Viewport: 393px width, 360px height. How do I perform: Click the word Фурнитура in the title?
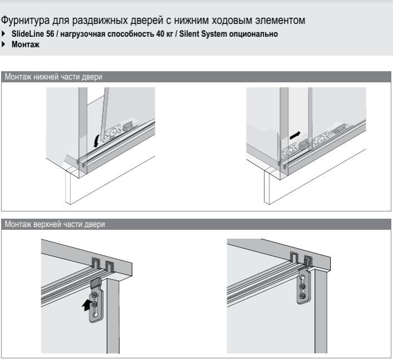click(25, 21)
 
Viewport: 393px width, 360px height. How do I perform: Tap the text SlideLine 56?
click(33, 34)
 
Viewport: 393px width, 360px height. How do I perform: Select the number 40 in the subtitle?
click(160, 34)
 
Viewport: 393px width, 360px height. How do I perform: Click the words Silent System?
click(203, 34)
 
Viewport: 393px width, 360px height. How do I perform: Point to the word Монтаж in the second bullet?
click(26, 45)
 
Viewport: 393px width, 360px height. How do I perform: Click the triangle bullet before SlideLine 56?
click(3, 33)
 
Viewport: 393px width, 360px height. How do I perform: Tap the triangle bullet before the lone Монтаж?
click(3, 45)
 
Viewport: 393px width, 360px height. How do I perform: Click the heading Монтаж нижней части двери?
click(53, 77)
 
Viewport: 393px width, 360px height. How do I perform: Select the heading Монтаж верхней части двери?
click(55, 224)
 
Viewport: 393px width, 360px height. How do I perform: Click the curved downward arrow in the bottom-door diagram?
click(96, 141)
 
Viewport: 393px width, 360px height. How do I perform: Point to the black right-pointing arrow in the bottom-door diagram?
click(295, 135)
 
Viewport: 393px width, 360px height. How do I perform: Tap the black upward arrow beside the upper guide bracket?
click(86, 305)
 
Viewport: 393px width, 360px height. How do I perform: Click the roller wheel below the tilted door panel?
click(113, 132)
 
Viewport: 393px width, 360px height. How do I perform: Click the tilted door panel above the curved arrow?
click(104, 114)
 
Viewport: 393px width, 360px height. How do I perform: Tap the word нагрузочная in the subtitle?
click(83, 34)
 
